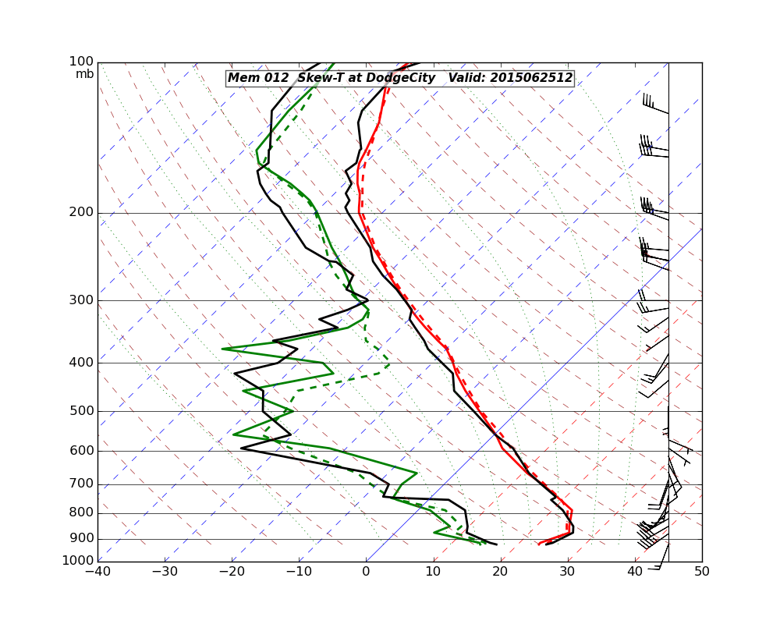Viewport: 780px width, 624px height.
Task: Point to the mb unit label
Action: tap(84, 74)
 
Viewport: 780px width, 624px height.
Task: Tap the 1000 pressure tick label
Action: tap(79, 561)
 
